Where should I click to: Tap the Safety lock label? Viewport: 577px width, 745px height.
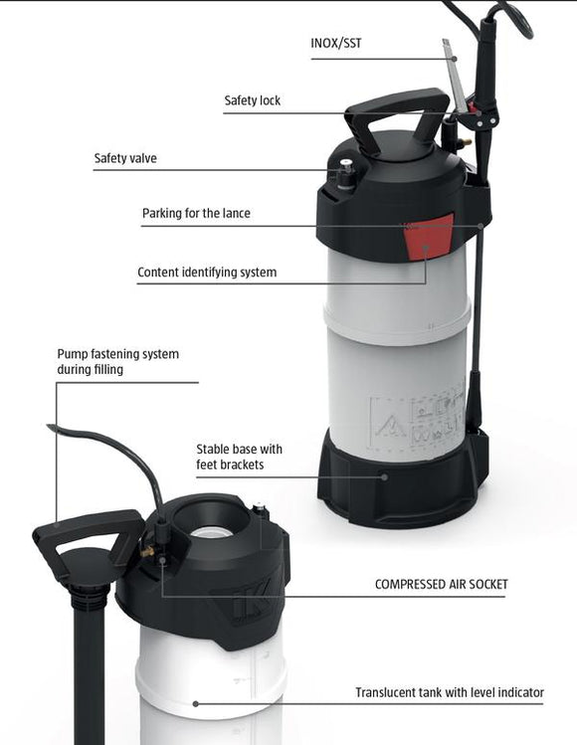click(x=252, y=100)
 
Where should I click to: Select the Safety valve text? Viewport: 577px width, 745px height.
click(x=125, y=157)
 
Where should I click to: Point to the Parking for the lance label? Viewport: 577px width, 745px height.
click(x=196, y=213)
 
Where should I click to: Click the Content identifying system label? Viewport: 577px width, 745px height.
click(x=207, y=272)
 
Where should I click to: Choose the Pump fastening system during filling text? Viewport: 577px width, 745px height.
click(x=117, y=361)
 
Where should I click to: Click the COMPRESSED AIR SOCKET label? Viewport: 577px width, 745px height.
click(x=441, y=584)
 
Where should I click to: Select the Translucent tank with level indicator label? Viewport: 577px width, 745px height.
click(x=450, y=692)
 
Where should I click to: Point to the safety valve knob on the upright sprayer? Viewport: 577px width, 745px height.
click(x=346, y=168)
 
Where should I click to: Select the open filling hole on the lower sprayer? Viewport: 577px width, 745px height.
click(x=212, y=531)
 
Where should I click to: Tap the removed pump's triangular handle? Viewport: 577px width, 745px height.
click(x=87, y=538)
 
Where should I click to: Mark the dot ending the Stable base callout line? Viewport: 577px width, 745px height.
click(x=384, y=475)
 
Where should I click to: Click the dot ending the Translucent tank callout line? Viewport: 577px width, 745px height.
click(x=195, y=702)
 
